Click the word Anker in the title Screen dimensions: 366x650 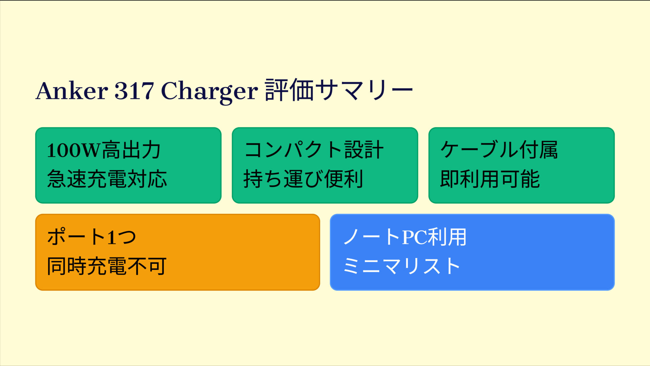[x=71, y=91]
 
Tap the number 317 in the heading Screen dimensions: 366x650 [x=134, y=91]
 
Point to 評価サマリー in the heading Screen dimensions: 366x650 [x=339, y=90]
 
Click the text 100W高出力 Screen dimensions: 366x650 [x=104, y=150]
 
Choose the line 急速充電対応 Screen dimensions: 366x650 [x=107, y=179]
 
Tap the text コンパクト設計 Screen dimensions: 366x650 [x=314, y=150]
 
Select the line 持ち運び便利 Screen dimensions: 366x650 [x=303, y=179]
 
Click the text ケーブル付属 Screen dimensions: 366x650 [x=499, y=150]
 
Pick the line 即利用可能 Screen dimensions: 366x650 [x=490, y=179]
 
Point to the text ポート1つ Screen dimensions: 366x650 [x=91, y=237]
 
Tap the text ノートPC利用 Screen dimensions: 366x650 [x=405, y=237]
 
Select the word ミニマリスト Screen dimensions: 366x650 [x=402, y=266]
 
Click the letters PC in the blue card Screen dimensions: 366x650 [x=414, y=237]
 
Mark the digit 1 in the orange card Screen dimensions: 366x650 [x=112, y=237]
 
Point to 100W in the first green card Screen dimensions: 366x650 [x=74, y=151]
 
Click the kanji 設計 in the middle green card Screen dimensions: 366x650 [x=364, y=150]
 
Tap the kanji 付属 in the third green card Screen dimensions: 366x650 [x=539, y=150]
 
